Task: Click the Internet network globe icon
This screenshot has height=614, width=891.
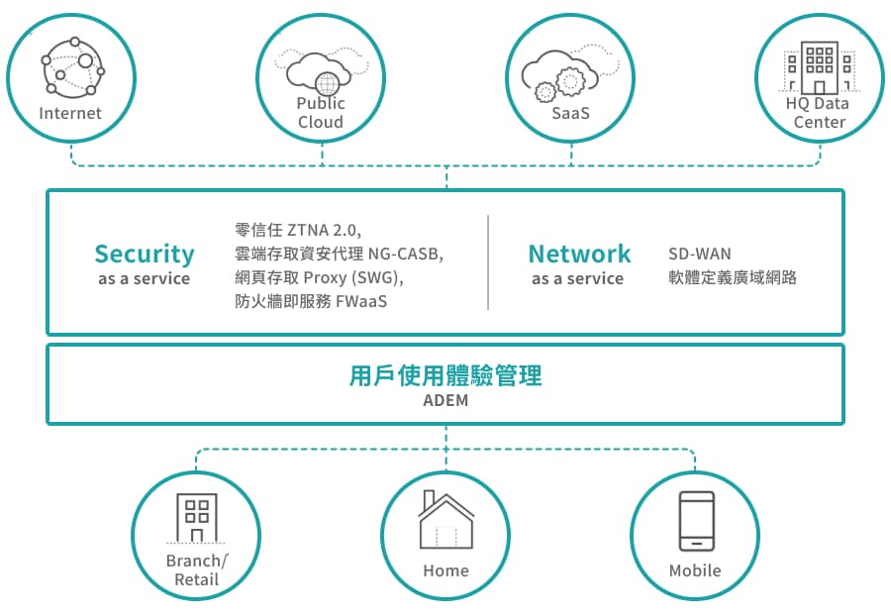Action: [x=72, y=67]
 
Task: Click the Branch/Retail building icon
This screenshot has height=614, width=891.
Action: [x=196, y=518]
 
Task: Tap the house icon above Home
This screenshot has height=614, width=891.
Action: [x=445, y=520]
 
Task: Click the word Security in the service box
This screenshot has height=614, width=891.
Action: [x=145, y=255]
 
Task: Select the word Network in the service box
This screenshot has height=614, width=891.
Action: [x=579, y=255]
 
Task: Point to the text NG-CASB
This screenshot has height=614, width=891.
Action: [x=405, y=255]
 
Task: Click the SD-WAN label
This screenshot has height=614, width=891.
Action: [x=699, y=255]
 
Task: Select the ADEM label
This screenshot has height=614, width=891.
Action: [x=445, y=402]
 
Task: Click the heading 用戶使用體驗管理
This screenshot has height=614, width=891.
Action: [x=445, y=376]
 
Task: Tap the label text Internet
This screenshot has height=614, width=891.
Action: [x=70, y=113]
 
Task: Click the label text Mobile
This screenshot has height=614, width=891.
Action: [x=695, y=571]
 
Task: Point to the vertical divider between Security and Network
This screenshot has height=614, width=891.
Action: [x=488, y=262]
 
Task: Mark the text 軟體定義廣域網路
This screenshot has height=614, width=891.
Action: [x=733, y=278]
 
